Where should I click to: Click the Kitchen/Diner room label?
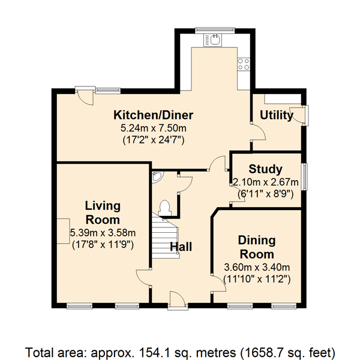154,115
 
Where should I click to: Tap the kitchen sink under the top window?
213,40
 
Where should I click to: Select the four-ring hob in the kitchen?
244,64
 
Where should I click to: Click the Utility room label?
277,115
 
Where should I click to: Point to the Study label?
265,169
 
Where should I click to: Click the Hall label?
181,247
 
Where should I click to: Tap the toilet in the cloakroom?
164,208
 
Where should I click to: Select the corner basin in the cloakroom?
157,177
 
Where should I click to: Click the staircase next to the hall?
166,238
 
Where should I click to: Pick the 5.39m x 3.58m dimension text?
103,233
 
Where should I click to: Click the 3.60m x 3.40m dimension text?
257,267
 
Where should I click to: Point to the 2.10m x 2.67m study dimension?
266,182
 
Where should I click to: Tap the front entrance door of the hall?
178,300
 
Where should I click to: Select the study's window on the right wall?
305,176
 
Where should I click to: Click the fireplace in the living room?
63,231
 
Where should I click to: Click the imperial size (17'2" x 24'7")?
154,140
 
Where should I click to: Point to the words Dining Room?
257,247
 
